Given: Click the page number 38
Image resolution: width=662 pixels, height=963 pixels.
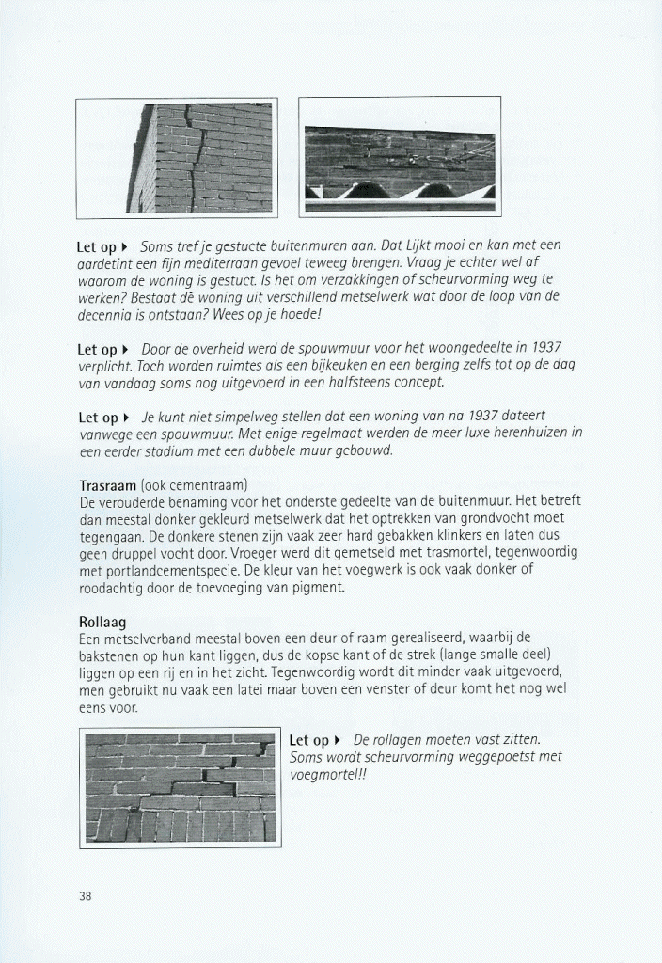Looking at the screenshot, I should [85, 896].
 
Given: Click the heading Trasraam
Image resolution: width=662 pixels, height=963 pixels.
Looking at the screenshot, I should [108, 485].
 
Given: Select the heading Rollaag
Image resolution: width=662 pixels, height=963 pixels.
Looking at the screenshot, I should [102, 622].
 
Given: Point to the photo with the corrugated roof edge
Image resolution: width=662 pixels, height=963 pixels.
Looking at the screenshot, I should [399, 157].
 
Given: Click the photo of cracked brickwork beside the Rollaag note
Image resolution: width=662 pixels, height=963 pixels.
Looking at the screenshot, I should [179, 786].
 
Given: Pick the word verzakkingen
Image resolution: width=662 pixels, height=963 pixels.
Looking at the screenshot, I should [340, 280].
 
